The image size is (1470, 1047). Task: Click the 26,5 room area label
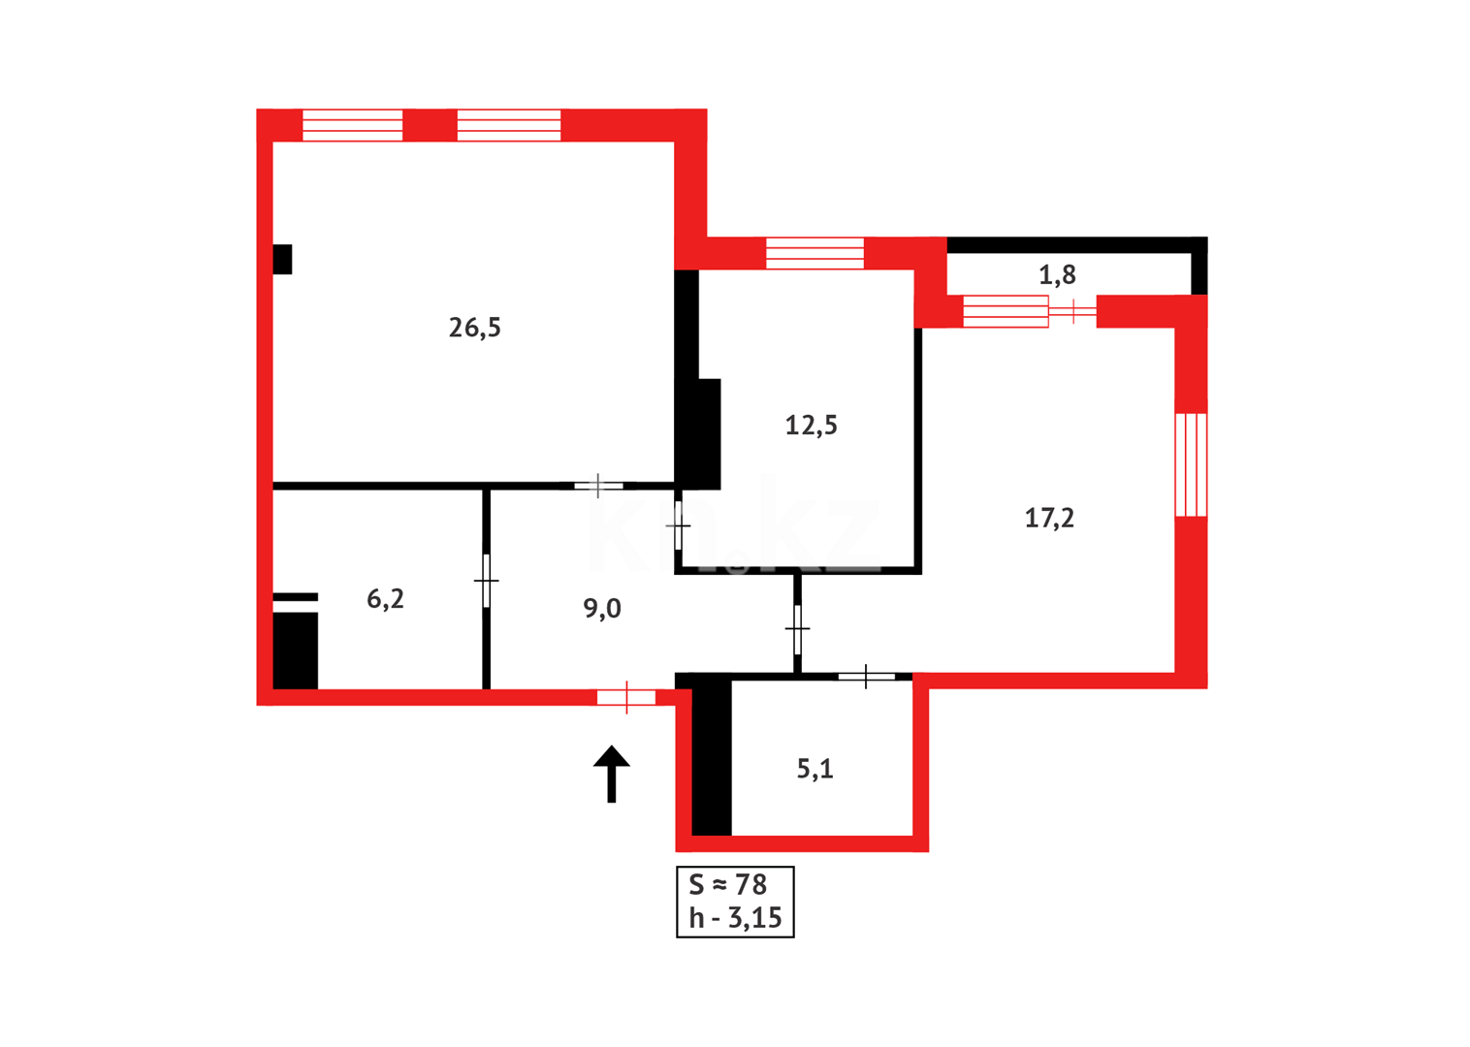[x=474, y=328]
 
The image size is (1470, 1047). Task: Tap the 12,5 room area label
[x=811, y=425]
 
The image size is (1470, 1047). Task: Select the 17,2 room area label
[x=1049, y=518]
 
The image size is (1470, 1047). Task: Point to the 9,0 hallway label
[x=602, y=609]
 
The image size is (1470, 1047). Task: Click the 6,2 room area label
[x=385, y=599]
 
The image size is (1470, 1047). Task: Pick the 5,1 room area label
[x=815, y=769]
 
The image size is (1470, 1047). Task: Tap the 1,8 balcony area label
[x=1057, y=275]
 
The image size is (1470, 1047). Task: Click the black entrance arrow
[x=612, y=773]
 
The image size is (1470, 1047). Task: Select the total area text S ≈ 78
[x=727, y=884]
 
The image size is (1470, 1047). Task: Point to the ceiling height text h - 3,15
[x=735, y=917]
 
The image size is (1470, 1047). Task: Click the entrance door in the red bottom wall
[x=626, y=697]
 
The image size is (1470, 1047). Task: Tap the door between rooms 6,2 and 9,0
[x=486, y=581]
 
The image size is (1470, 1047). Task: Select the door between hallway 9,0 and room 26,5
[x=598, y=485]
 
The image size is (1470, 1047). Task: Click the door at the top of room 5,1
[x=866, y=676]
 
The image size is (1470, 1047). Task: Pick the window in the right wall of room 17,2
[x=1191, y=464]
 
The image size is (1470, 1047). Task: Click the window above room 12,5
[x=815, y=253]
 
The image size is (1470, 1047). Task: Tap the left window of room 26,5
[x=353, y=125]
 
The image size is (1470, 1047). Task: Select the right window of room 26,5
[x=509, y=125]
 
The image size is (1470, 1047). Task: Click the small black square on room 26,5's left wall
[x=282, y=259]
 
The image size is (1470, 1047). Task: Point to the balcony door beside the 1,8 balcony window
[x=1072, y=311]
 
